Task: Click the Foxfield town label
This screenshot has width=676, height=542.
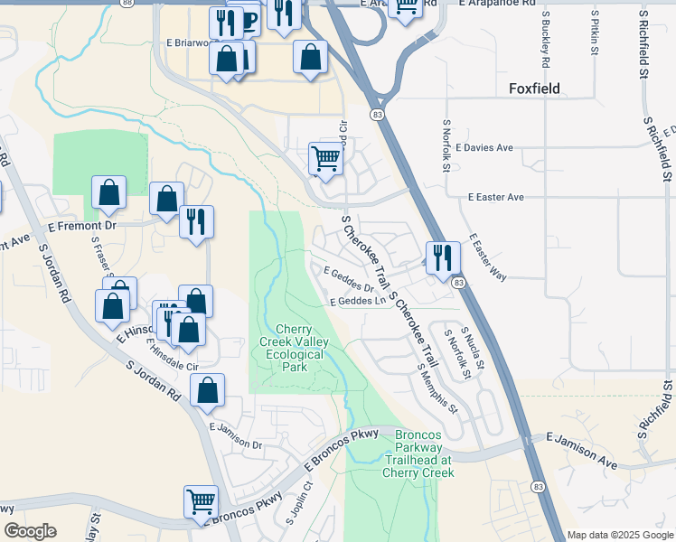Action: tap(534, 89)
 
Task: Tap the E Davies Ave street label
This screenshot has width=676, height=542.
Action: tap(484, 147)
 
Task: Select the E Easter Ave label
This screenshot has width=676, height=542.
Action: tap(496, 197)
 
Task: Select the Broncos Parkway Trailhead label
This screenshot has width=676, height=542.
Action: tap(418, 453)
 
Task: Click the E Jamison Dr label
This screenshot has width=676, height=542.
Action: tap(235, 436)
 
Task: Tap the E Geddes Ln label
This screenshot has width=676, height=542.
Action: tap(358, 302)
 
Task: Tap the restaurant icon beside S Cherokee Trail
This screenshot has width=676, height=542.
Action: tap(443, 257)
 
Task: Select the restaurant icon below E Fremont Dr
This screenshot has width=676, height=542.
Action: tap(196, 221)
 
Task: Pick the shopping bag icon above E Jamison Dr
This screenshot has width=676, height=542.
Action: tap(207, 390)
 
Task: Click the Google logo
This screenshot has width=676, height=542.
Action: tap(30, 531)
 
